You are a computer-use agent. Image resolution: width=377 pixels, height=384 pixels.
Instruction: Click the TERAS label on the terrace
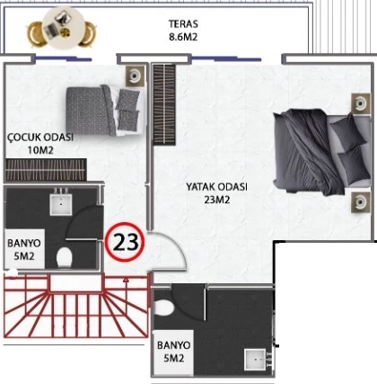(x=183, y=23)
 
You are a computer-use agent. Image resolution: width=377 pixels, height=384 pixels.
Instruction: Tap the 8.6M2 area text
(x=183, y=37)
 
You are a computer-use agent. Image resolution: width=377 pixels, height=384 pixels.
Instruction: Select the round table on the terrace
(x=64, y=28)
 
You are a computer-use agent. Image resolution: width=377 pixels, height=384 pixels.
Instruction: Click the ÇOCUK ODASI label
(x=40, y=138)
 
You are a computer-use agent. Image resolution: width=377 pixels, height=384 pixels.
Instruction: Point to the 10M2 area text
(x=40, y=150)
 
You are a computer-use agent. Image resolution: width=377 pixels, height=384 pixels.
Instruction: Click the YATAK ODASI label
(x=217, y=187)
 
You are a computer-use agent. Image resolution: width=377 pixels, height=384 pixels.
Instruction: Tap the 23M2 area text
(x=217, y=200)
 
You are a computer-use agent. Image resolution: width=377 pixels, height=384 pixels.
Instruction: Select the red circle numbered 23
(x=126, y=242)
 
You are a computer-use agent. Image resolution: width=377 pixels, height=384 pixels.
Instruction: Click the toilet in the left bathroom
(x=65, y=257)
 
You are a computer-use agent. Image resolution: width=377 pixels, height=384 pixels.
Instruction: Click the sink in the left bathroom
(x=61, y=204)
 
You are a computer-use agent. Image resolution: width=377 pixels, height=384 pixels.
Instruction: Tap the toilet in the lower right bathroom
(x=163, y=308)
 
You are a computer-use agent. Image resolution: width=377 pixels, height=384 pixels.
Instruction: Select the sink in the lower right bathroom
(x=255, y=360)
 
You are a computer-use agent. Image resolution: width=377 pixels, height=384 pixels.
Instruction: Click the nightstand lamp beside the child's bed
(x=135, y=76)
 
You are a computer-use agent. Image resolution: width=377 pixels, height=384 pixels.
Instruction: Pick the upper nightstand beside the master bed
(x=361, y=103)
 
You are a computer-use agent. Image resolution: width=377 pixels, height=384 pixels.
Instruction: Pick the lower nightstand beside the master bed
(x=361, y=202)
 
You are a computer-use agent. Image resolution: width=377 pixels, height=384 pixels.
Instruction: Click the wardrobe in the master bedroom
(x=164, y=104)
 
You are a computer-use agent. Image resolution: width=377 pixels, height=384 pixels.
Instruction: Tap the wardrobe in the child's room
(x=46, y=170)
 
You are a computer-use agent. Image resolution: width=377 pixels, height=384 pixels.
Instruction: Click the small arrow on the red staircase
(x=126, y=281)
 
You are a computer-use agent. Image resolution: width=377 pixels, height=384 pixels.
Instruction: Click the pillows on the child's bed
(x=127, y=111)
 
